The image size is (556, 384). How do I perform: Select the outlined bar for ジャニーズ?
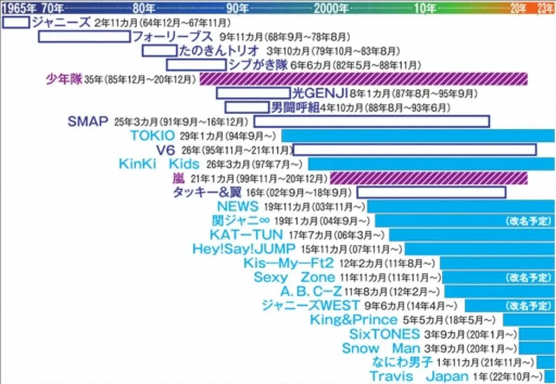click(x=16, y=22)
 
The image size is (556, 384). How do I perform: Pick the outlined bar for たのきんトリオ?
click(x=159, y=51)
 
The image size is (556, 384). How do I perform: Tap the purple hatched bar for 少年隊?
click(x=364, y=79)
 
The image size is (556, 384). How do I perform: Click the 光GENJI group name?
click(x=320, y=93)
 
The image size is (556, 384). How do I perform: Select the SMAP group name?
click(x=88, y=122)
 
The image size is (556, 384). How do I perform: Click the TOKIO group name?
click(x=152, y=136)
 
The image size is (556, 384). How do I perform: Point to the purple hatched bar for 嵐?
click(x=429, y=178)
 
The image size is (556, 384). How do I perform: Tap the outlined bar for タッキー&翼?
click(x=431, y=192)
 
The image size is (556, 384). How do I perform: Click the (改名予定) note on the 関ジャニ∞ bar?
click(x=527, y=221)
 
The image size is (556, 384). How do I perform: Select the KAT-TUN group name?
click(x=246, y=235)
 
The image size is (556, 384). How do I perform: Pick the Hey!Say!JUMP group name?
click(x=244, y=249)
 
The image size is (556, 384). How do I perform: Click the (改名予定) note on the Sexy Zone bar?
click(x=527, y=277)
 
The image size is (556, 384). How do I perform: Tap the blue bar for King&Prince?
click(x=529, y=320)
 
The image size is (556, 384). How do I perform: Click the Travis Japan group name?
click(x=419, y=376)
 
